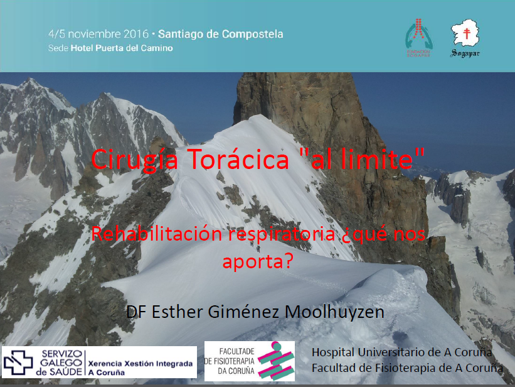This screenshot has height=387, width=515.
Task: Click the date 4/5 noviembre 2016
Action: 98,34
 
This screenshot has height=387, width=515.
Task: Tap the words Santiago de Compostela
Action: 221,34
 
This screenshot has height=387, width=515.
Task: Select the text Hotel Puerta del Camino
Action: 122,48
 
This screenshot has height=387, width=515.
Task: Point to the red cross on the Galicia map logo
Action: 467,33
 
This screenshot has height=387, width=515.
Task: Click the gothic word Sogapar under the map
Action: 465,53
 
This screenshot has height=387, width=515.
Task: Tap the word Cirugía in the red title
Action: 135,160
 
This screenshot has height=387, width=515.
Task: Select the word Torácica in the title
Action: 240,158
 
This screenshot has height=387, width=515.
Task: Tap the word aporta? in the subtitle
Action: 258,262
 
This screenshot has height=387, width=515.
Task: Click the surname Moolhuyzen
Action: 334,312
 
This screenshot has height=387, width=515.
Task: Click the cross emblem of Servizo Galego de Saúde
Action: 18,362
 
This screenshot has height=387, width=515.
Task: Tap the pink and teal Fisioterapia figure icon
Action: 276,361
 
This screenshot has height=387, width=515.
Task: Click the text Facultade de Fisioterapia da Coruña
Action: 230,361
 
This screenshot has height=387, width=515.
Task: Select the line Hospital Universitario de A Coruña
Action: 401,352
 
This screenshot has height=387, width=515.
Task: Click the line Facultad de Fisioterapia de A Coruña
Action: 407,368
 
